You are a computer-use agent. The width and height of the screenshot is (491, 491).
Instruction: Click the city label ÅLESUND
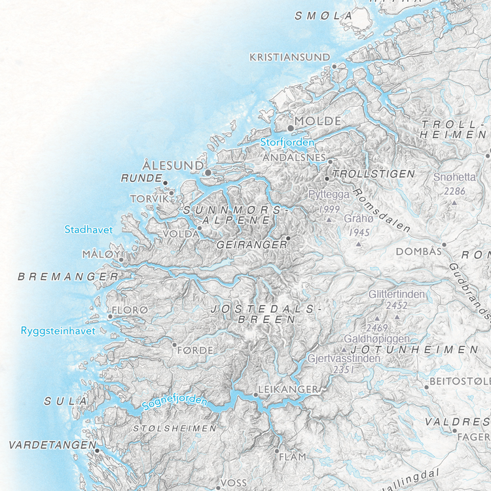pyautogui.click(x=173, y=165)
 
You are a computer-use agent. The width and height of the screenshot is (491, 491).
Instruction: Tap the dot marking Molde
pyautogui.click(x=291, y=128)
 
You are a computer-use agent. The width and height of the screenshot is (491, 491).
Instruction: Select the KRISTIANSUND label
pyautogui.click(x=290, y=57)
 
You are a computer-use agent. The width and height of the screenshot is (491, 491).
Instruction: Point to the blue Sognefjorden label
pyautogui.click(x=175, y=402)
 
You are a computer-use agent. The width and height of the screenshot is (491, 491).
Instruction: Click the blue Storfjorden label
pyautogui.click(x=288, y=142)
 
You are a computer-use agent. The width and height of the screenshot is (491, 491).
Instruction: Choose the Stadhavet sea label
pyautogui.click(x=89, y=229)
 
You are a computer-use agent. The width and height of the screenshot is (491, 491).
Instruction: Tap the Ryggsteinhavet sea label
pyautogui.click(x=58, y=331)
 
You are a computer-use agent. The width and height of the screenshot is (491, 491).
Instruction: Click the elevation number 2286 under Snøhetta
pyautogui.click(x=454, y=191)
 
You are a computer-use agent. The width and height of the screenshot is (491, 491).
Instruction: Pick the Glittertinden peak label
pyautogui.click(x=397, y=295)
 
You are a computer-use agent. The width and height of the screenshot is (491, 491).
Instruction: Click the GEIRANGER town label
pyautogui.click(x=252, y=244)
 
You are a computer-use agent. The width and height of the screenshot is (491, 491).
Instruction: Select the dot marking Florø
pyautogui.click(x=110, y=317)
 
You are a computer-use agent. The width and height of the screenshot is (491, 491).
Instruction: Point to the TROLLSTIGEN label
pyautogui.click(x=374, y=174)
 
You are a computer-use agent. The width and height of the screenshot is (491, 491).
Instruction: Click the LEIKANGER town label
pyautogui.click(x=288, y=390)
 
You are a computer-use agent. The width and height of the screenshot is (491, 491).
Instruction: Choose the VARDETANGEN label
pyautogui.click(x=49, y=445)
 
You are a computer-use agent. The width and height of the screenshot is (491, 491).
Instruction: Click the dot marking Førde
pyautogui.click(x=175, y=344)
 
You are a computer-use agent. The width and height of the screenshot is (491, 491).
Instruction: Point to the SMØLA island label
pyautogui.click(x=323, y=16)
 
